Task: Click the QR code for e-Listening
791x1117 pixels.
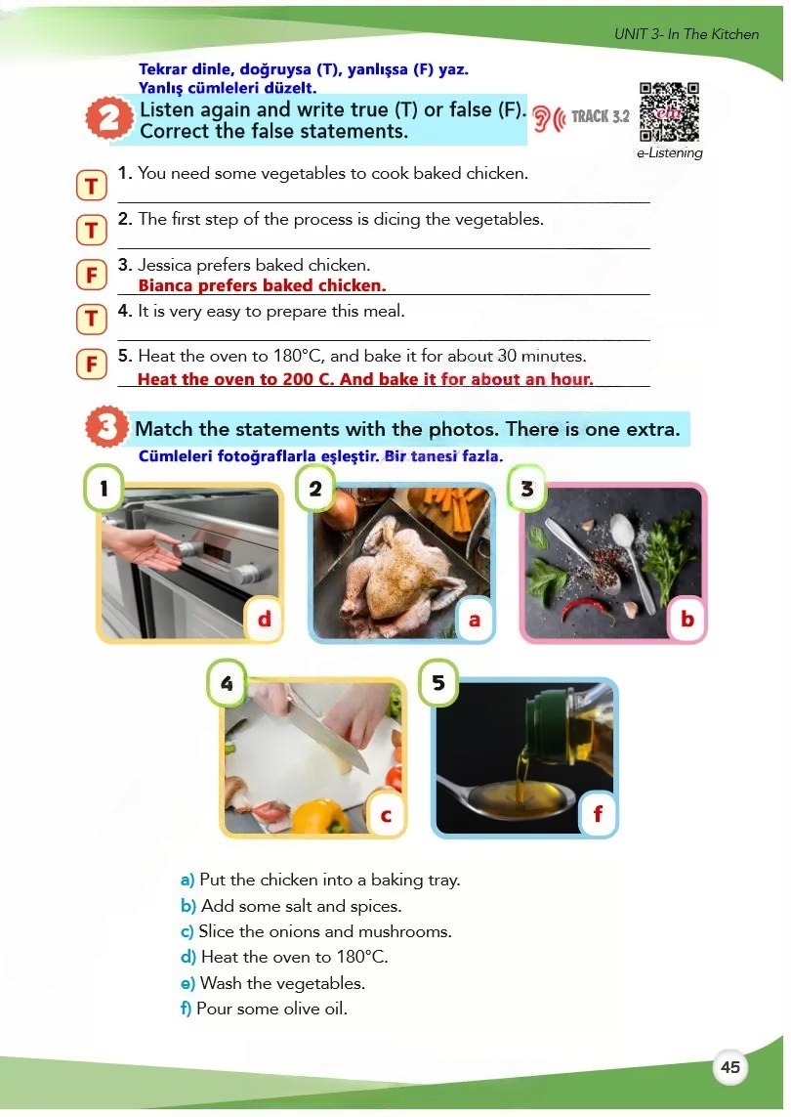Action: click(669, 111)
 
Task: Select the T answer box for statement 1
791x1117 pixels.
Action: click(91, 186)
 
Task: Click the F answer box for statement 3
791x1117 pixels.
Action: click(91, 275)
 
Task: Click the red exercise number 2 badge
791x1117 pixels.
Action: click(109, 117)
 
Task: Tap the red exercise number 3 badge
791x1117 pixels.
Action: click(106, 427)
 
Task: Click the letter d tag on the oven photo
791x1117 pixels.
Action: click(264, 619)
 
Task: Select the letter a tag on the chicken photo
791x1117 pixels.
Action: click(475, 620)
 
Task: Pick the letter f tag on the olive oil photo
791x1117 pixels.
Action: click(598, 813)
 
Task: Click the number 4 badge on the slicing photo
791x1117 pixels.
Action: click(227, 682)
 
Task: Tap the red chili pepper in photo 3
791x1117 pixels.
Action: click(589, 609)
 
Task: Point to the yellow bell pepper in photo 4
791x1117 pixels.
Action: click(321, 816)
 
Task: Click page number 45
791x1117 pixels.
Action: click(729, 1067)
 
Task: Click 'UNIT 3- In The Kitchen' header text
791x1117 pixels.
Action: click(687, 34)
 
